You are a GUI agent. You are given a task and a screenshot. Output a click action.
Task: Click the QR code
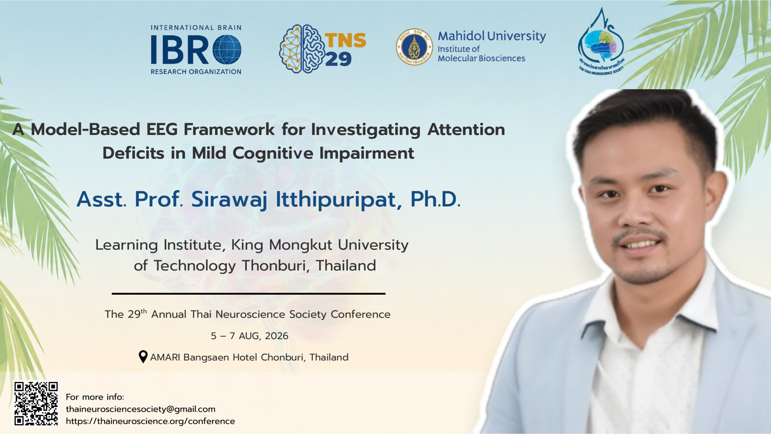tap(36, 404)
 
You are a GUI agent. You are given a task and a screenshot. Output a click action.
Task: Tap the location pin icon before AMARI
tap(143, 357)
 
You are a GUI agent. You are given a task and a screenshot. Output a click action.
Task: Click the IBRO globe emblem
tap(227, 49)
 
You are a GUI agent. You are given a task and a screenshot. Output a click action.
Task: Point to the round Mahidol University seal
tap(414, 47)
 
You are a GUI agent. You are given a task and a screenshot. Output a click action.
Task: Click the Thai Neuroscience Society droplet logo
tap(601, 42)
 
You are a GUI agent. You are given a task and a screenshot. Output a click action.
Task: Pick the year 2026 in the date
tap(276, 336)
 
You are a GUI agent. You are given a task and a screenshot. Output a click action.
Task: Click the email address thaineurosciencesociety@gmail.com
tap(141, 409)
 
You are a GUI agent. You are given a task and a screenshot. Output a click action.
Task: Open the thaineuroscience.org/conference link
tap(150, 421)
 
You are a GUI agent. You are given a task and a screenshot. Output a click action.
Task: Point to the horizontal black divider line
tap(248, 293)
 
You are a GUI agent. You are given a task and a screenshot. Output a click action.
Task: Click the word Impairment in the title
tap(367, 153)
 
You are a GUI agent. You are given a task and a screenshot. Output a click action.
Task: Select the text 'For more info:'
tap(95, 397)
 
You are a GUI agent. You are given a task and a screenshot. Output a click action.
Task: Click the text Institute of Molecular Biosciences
tap(481, 53)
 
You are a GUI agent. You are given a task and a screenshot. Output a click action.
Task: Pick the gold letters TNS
tap(345, 40)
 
